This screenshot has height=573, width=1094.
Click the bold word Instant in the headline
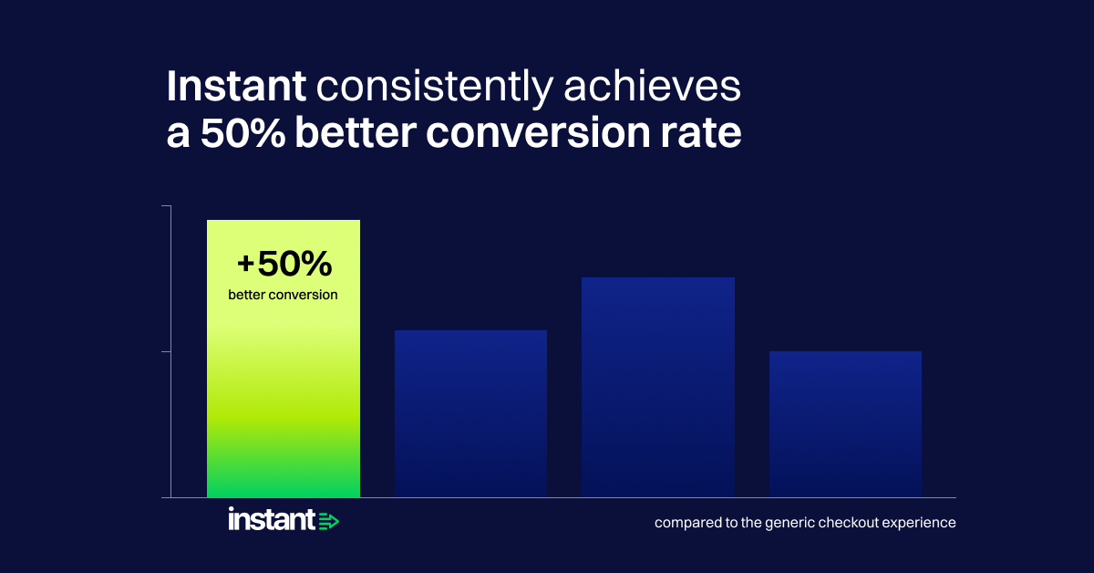point(236,86)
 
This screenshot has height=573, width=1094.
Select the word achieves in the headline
point(653,86)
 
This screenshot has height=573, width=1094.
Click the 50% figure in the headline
point(243,132)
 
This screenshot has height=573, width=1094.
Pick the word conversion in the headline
point(538,133)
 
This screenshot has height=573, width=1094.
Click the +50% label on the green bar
point(284,264)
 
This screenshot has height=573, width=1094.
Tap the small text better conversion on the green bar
point(283,295)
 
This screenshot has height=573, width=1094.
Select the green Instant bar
point(284,359)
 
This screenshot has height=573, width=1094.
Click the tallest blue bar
point(658,387)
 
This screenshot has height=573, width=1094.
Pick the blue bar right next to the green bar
point(470,413)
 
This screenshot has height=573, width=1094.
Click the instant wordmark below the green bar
point(272,519)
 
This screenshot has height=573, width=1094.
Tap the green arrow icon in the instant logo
point(329,521)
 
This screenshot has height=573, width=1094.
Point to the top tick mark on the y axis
point(166,206)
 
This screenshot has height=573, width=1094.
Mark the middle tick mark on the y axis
point(166,351)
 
